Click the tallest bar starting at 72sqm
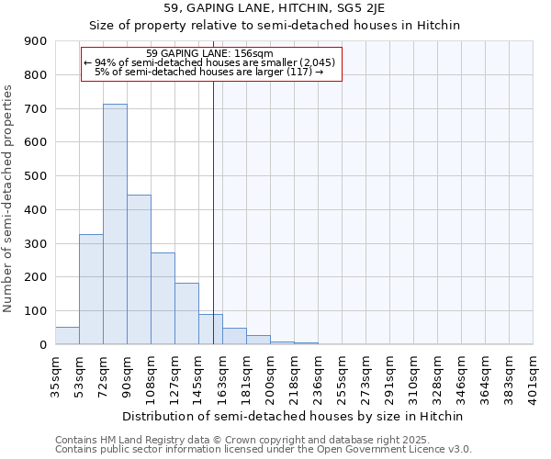[115, 224]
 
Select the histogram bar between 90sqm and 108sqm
[139, 270]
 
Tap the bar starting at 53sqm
[91, 289]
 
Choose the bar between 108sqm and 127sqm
[163, 298]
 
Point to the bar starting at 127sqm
[186, 314]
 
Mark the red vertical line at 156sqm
[213, 211]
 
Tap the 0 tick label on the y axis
[44, 344]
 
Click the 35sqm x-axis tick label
[56, 374]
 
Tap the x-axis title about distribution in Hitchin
[294, 416]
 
